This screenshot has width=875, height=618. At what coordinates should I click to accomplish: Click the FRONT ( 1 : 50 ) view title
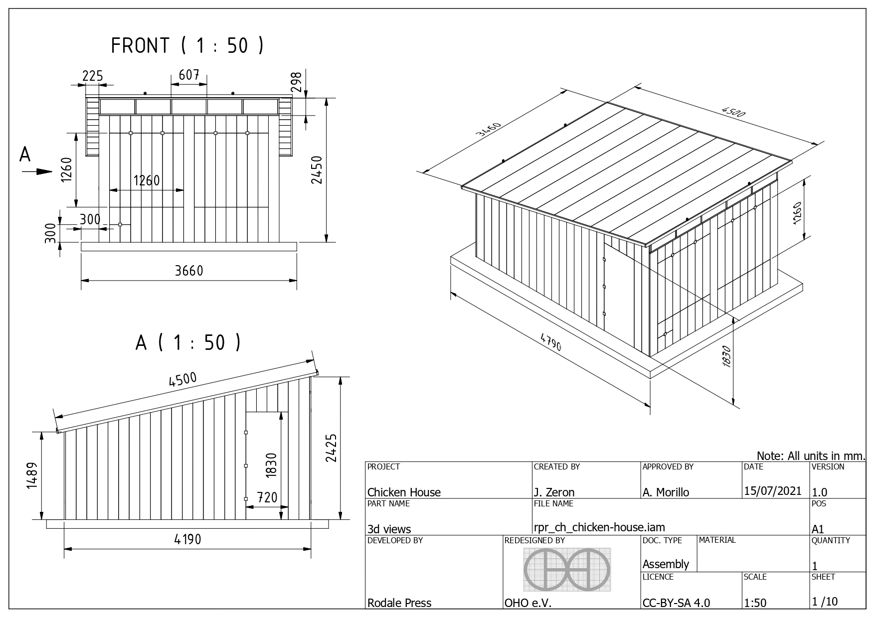[187, 45]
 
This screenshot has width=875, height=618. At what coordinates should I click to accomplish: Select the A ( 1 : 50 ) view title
[188, 342]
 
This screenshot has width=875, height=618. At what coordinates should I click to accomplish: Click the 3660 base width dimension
[189, 270]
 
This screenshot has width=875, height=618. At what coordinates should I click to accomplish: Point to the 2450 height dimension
[317, 170]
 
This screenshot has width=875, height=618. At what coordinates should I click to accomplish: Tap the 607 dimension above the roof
[189, 75]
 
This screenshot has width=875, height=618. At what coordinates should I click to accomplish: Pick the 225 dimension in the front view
[92, 76]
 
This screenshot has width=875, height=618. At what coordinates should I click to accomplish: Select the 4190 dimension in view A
[187, 539]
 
